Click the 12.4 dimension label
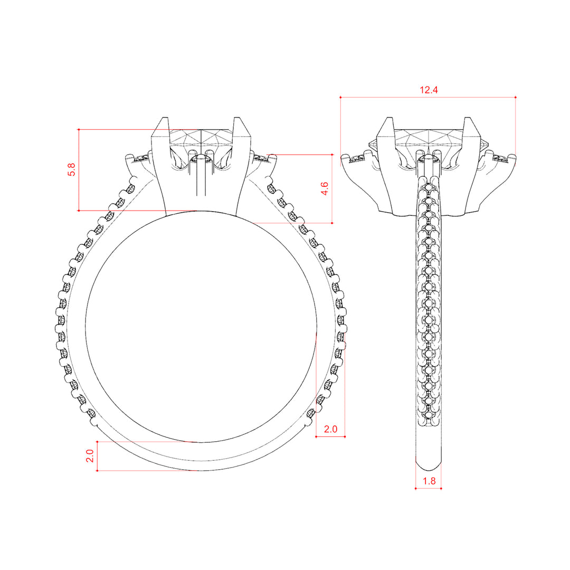pyautogui.click(x=429, y=90)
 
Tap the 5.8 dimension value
pyautogui.click(x=72, y=169)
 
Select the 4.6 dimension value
pyautogui.click(x=324, y=188)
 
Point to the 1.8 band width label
pyautogui.click(x=429, y=481)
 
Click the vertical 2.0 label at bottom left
pyautogui.click(x=89, y=456)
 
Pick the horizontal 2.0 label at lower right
pyautogui.click(x=330, y=429)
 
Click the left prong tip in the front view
pyautogui.click(x=165, y=118)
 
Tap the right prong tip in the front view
pyautogui.click(x=237, y=118)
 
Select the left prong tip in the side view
pyautogui.click(x=389, y=118)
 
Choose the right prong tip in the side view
pyautogui.click(x=468, y=118)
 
